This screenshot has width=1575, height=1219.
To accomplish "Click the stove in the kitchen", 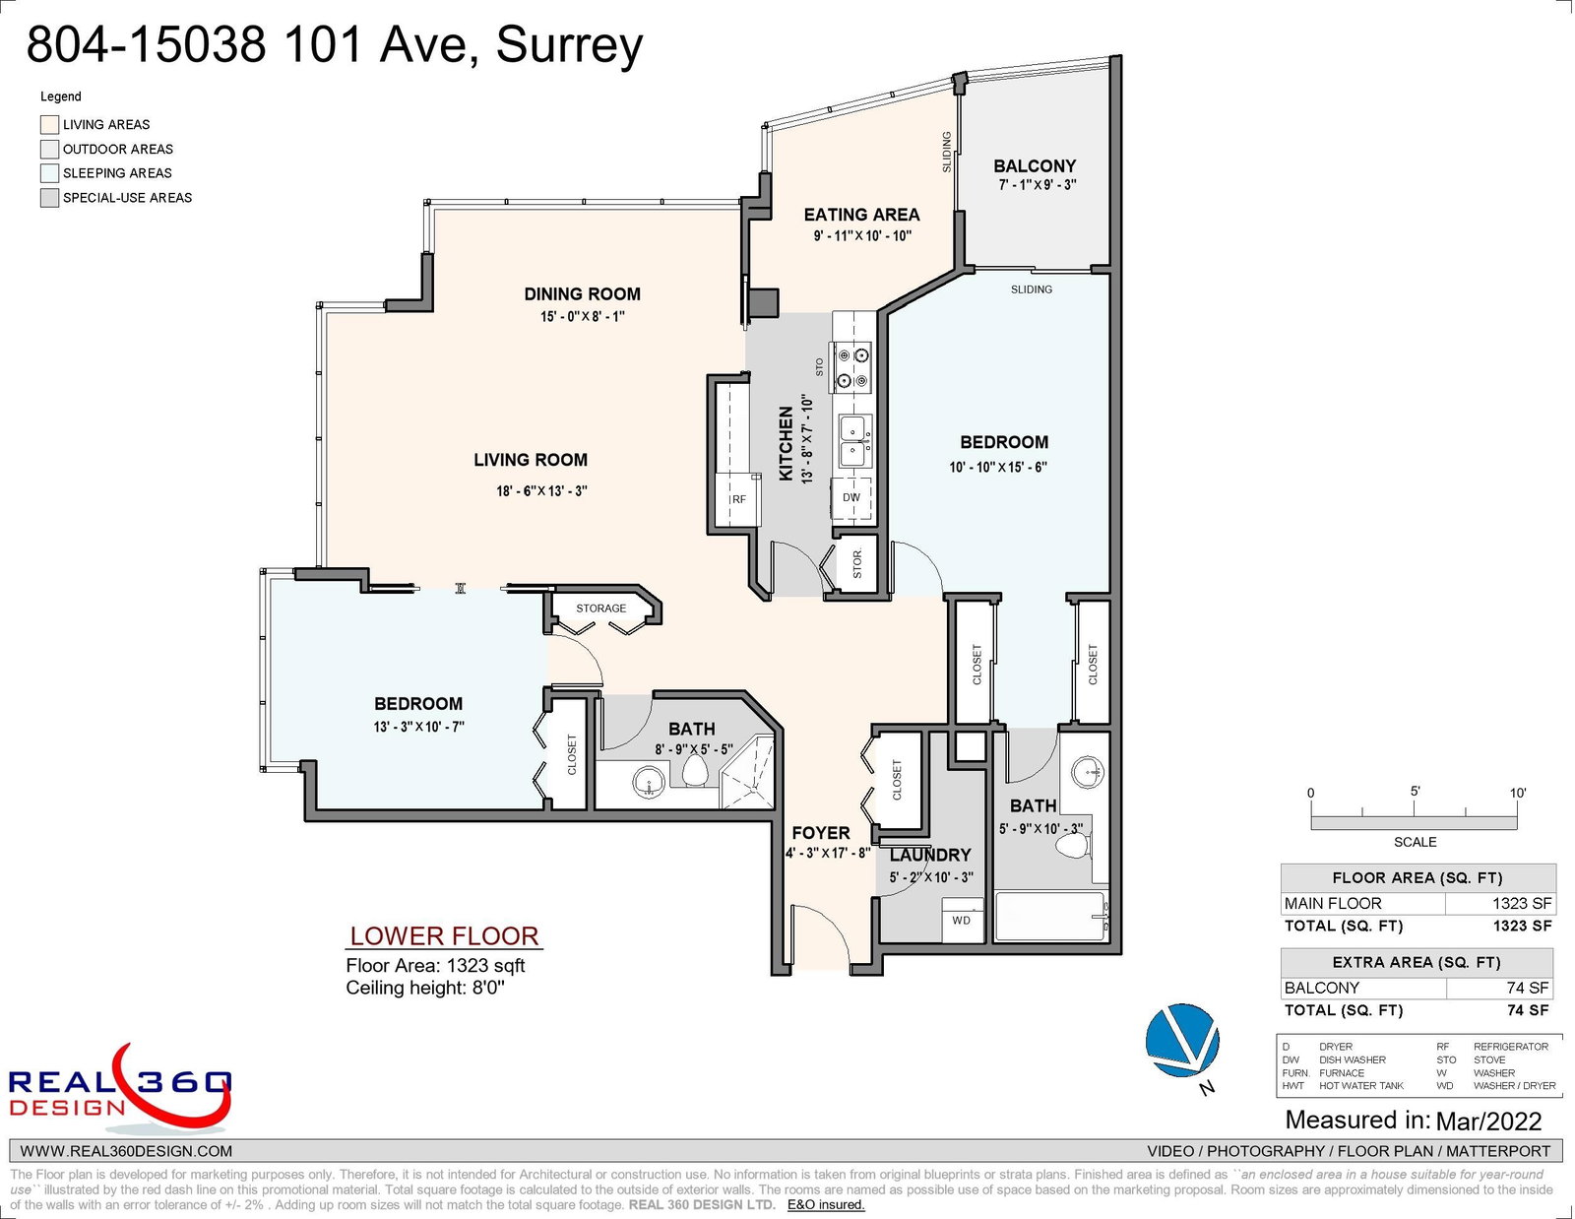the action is tap(852, 366).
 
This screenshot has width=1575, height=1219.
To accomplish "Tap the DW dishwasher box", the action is tap(850, 498).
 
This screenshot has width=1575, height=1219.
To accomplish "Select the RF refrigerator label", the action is tap(738, 499).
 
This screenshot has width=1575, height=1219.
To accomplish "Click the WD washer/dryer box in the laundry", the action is tap(962, 921).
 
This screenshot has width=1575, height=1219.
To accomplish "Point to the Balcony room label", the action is tap(1035, 166).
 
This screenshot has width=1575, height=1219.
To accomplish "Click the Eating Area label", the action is tap(861, 215).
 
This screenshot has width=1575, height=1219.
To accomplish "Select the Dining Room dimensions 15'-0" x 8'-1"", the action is tap(582, 316).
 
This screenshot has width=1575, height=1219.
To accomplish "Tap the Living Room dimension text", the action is tap(541, 490).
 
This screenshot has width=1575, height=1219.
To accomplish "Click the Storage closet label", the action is tap(600, 609).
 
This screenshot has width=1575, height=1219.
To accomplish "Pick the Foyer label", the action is tap(821, 833).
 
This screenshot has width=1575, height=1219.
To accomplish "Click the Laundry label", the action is tap(930, 856).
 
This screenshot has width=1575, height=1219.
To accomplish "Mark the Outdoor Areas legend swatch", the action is tap(49, 150).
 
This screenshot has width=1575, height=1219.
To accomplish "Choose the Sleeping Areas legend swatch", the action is tap(49, 173).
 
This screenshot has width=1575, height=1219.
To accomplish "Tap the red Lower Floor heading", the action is tap(444, 936).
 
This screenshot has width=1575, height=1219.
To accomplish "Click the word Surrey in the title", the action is tap(569, 45).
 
